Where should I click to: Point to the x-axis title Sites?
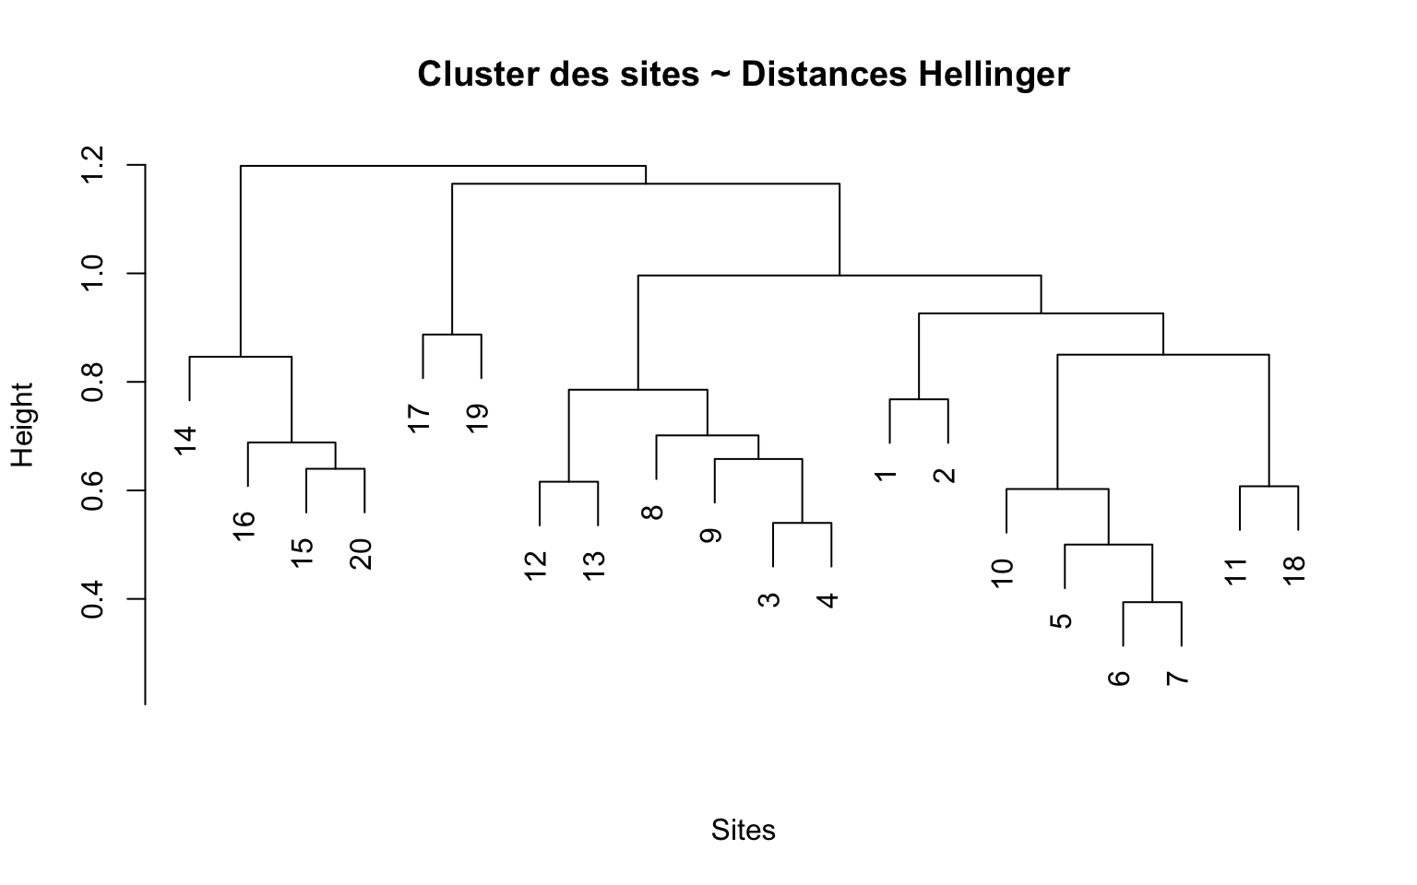coord(743,830)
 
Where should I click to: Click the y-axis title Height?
coord(22,424)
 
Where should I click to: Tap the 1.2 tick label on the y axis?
coord(92,165)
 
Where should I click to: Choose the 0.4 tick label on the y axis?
coord(92,598)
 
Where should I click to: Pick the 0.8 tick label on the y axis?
coord(92,382)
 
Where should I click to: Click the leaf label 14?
coord(186,440)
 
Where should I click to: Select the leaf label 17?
coord(420,418)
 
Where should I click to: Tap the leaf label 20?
coord(362,553)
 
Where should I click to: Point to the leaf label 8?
coord(652,512)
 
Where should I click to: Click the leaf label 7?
coord(1177,679)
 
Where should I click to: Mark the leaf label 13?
coord(595,564)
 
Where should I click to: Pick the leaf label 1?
coord(886,475)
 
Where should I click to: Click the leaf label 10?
coord(1003,572)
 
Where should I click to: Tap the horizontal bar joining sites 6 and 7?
coord(1152,602)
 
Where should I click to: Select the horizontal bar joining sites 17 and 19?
coord(452,335)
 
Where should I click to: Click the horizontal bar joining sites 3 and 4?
coord(802,523)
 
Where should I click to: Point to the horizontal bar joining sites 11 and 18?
coord(1268,486)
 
